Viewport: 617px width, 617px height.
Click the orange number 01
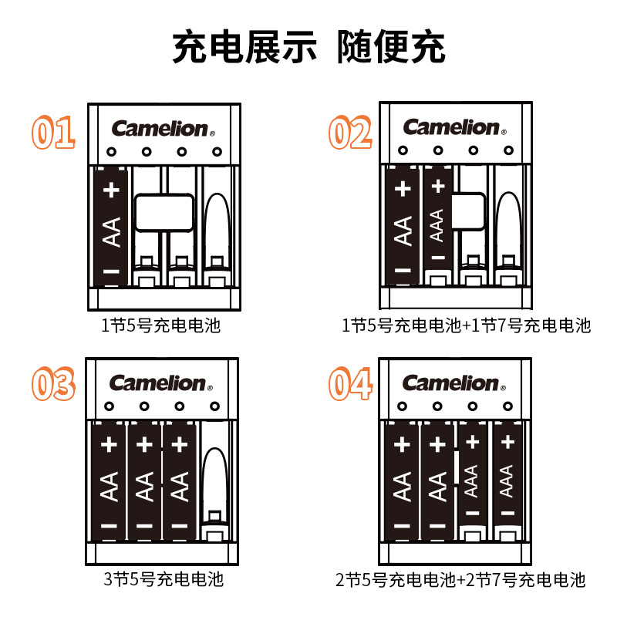coord(52,133)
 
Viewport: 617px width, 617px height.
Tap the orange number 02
coord(350,133)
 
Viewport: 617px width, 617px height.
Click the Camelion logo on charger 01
coord(160,128)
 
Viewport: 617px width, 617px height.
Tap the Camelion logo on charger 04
coord(451,383)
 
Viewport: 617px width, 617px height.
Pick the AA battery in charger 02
coord(403,228)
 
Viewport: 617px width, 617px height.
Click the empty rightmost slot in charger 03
coord(214,482)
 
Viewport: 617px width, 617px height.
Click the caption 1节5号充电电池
coord(160,325)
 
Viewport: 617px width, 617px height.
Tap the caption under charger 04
coord(460,580)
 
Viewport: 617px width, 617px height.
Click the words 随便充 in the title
coord(391,48)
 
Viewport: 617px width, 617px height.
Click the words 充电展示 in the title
coord(244,48)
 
